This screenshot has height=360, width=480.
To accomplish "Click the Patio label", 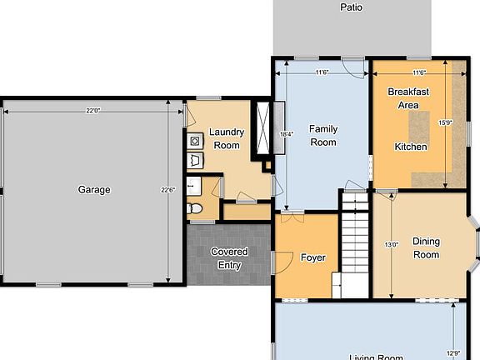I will tap(352, 7).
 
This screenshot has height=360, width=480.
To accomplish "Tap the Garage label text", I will tap(94, 190).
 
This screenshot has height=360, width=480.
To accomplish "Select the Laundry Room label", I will tap(225, 138).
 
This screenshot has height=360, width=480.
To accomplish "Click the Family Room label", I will tap(322, 136).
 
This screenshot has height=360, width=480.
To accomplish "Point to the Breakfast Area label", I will tap(403, 99).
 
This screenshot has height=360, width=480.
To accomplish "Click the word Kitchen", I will tap(411, 147).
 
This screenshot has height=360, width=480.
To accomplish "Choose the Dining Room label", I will tap(426, 248).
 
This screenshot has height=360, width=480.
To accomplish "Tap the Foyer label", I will tap(312, 257).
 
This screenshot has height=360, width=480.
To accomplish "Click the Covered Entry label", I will tap(229, 258).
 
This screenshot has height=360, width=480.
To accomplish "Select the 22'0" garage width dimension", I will tap(92, 111).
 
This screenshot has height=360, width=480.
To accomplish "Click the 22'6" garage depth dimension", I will tap(167, 190).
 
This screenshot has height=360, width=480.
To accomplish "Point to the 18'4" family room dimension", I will tap(286, 133).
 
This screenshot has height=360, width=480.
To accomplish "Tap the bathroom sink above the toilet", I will tap(193, 185).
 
